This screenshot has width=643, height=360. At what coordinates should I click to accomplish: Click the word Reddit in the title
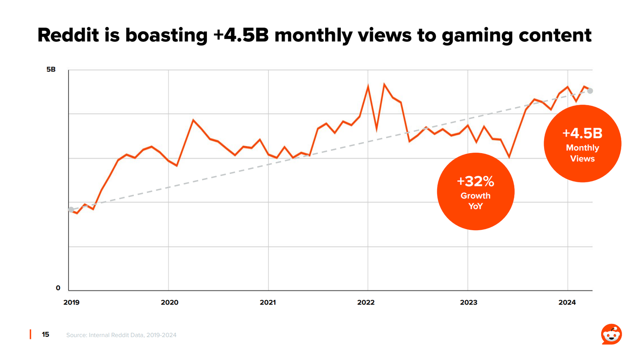(x=68, y=35)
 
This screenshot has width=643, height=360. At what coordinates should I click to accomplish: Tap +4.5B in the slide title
(x=241, y=35)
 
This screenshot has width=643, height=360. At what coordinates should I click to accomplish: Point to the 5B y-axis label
(x=51, y=70)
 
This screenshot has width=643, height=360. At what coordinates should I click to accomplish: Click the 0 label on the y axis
(x=58, y=288)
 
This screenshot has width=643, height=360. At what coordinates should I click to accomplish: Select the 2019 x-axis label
(x=72, y=302)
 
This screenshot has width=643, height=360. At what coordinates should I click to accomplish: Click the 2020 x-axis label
(x=170, y=302)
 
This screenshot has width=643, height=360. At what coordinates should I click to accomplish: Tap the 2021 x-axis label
(x=268, y=302)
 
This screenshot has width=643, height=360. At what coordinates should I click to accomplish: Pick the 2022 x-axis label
(x=366, y=302)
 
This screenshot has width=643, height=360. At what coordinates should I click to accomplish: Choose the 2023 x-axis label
(x=469, y=302)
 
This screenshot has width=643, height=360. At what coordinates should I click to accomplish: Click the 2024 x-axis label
(x=567, y=302)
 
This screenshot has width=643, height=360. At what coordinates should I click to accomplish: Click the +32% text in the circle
(x=475, y=182)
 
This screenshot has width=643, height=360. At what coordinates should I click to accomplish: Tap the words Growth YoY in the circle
(x=475, y=201)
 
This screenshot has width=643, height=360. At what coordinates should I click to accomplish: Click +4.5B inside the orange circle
(x=582, y=133)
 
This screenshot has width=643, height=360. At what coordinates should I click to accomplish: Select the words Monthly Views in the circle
(x=582, y=153)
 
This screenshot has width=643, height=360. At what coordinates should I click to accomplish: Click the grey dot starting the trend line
(x=71, y=209)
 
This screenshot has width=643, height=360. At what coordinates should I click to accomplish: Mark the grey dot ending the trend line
(x=590, y=91)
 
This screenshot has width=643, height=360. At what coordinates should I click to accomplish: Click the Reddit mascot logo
(x=611, y=334)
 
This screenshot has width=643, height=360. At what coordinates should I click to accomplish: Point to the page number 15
(x=45, y=334)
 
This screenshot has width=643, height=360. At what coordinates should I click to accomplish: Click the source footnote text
(x=121, y=335)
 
